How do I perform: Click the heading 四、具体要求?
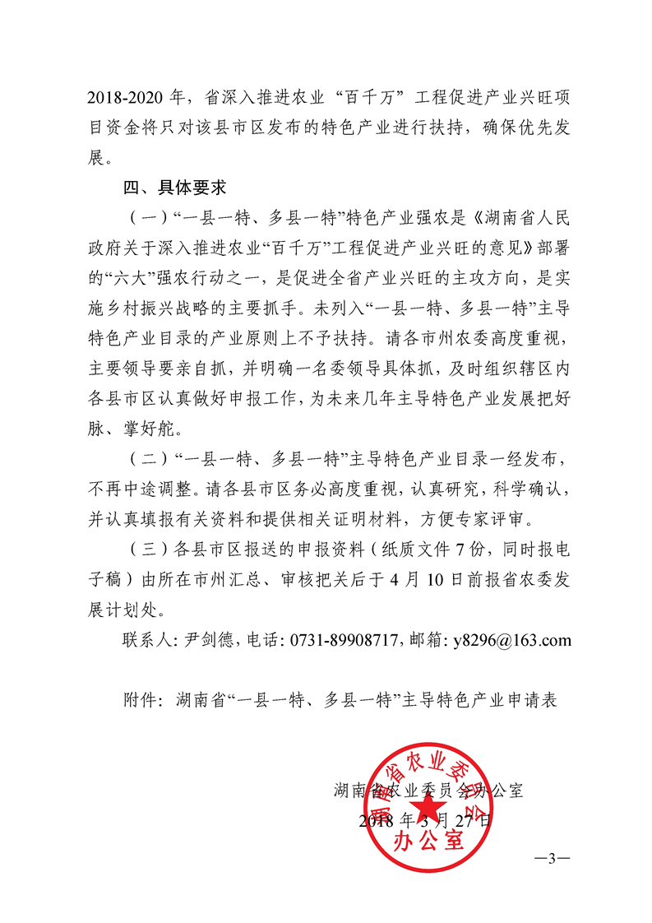pyautogui.click(x=174, y=188)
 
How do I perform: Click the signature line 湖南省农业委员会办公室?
pyautogui.click(x=428, y=791)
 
